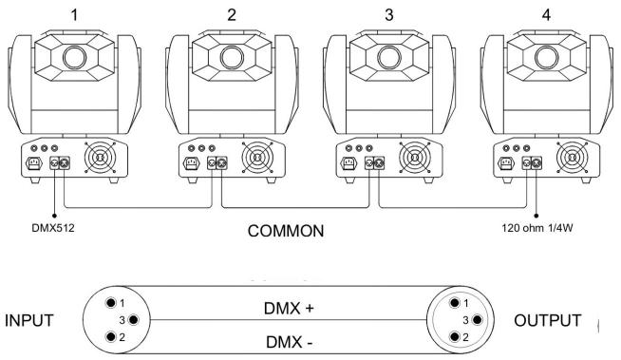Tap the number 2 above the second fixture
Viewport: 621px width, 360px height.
point(232,13)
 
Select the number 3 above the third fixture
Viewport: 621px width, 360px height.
point(387,13)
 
